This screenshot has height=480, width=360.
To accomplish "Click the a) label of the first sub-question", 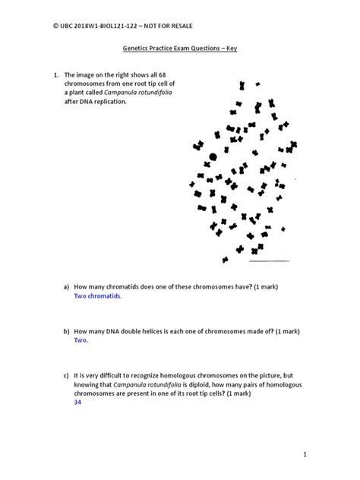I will pyautogui.click(x=67, y=286).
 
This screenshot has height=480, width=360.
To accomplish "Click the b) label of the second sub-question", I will pyautogui.click(x=67, y=331).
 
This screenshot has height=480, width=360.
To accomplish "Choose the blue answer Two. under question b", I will pyautogui.click(x=81, y=341).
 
